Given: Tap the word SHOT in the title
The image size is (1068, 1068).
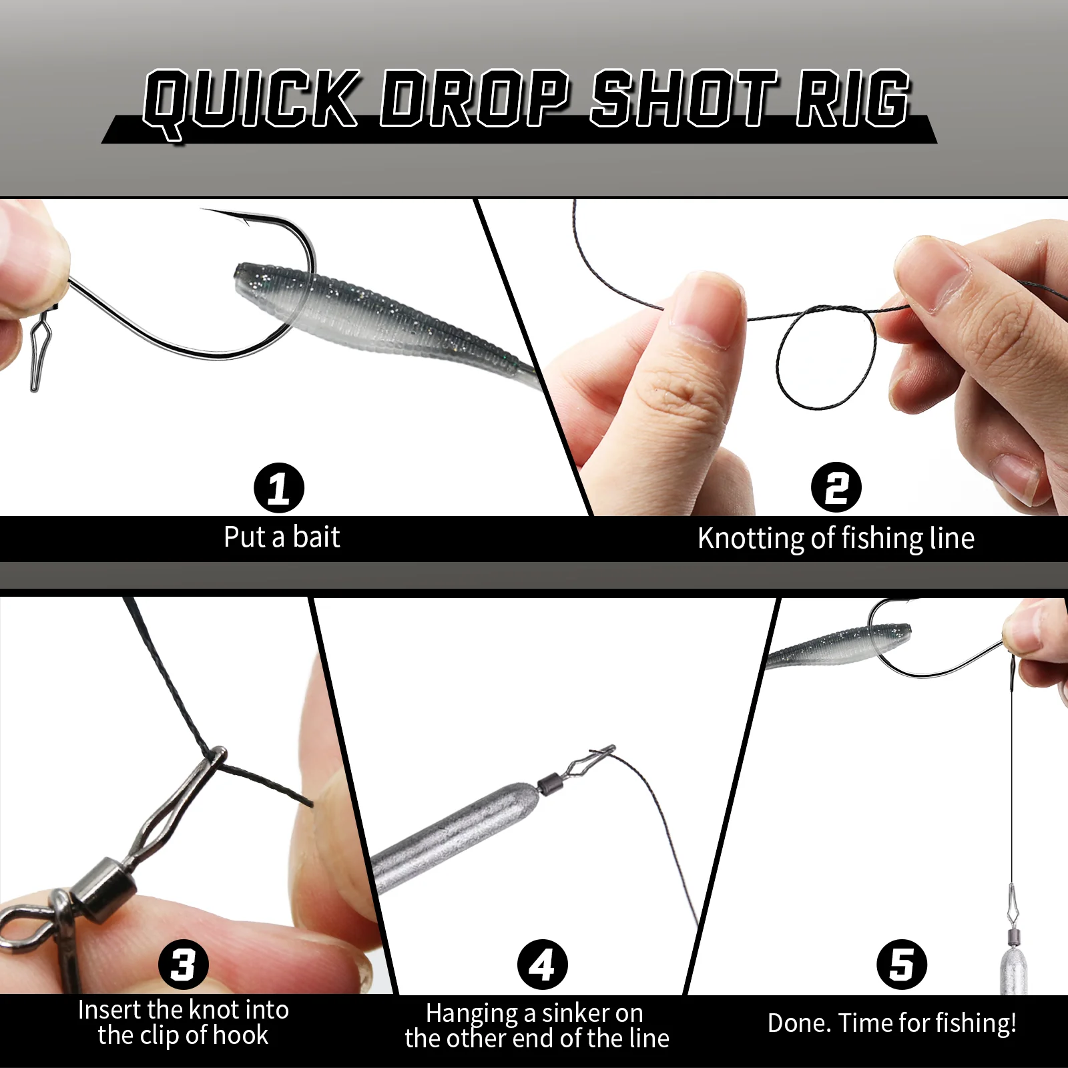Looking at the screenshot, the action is point(685,98).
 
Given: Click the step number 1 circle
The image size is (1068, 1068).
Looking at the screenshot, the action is point(279,488).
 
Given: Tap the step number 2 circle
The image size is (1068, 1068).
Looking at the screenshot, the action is point(836,487).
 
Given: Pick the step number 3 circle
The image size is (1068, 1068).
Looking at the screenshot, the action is point(184,965).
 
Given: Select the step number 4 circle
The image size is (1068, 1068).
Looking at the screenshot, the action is point(543,965).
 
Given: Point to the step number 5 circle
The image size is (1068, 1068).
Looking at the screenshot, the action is point(902,965).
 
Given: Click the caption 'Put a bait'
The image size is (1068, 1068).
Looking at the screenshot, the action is point(282,537).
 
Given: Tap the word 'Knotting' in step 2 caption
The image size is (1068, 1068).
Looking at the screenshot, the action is point(750,539).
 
